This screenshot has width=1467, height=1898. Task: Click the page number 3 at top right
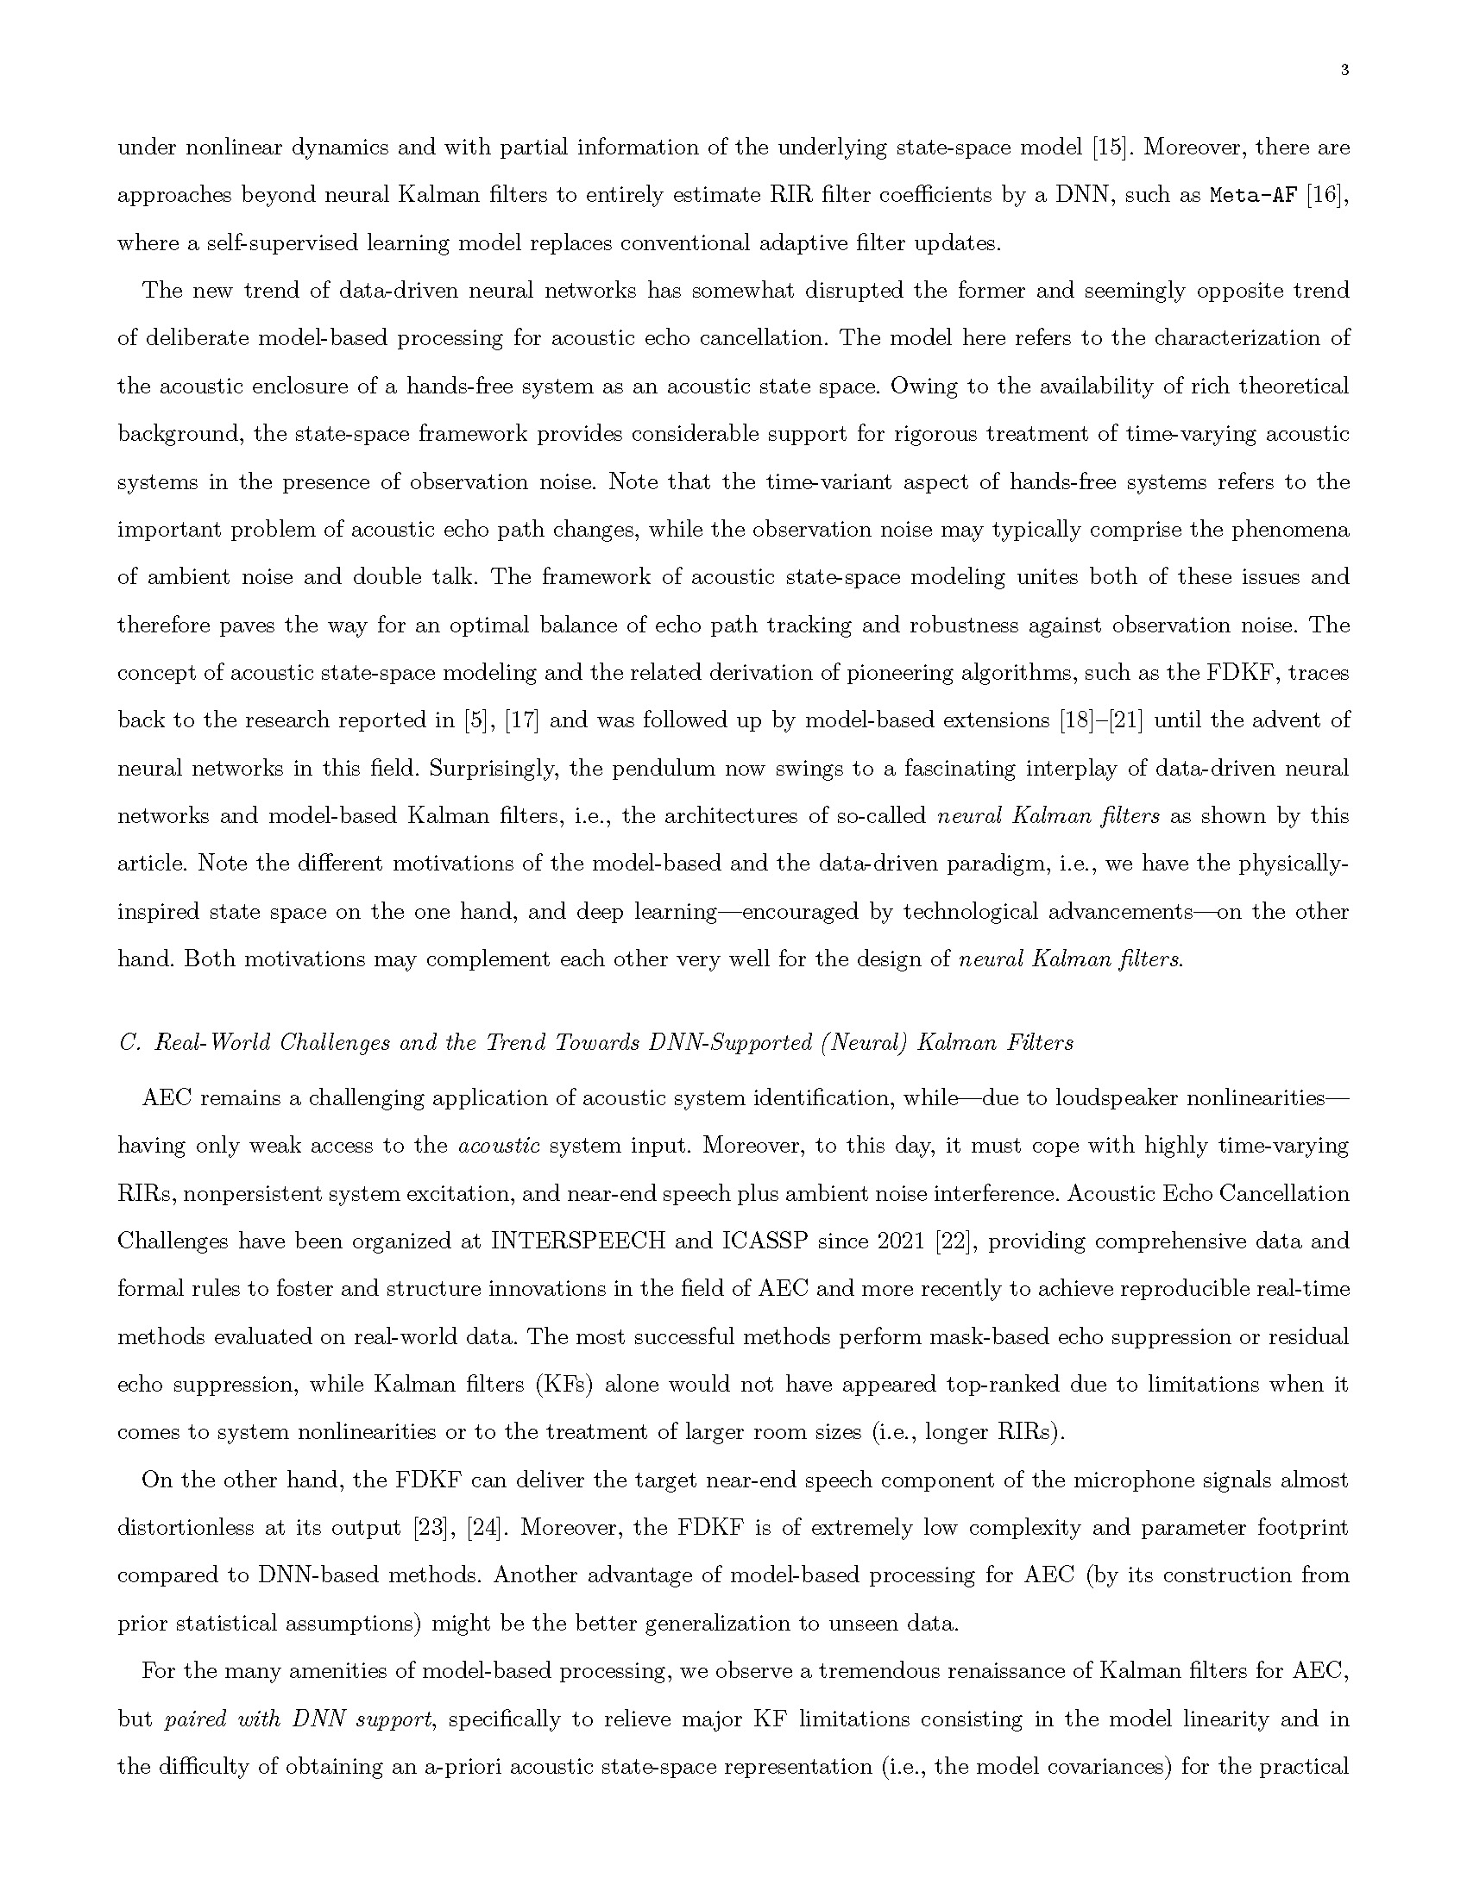(1344, 72)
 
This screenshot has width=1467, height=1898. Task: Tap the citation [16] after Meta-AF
(1328, 196)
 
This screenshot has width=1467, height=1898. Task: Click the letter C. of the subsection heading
(129, 1043)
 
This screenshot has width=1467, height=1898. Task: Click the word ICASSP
(765, 1241)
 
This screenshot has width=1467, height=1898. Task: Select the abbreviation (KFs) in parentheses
(564, 1386)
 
